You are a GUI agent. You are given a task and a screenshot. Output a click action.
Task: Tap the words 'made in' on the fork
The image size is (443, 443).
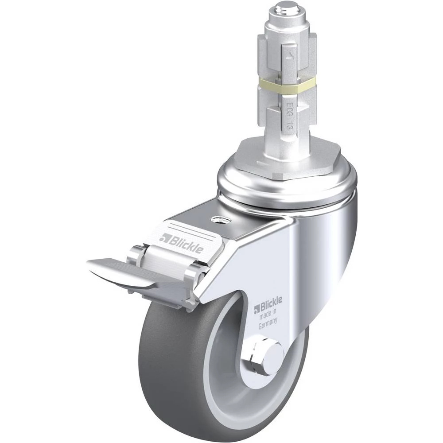point(268,315)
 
